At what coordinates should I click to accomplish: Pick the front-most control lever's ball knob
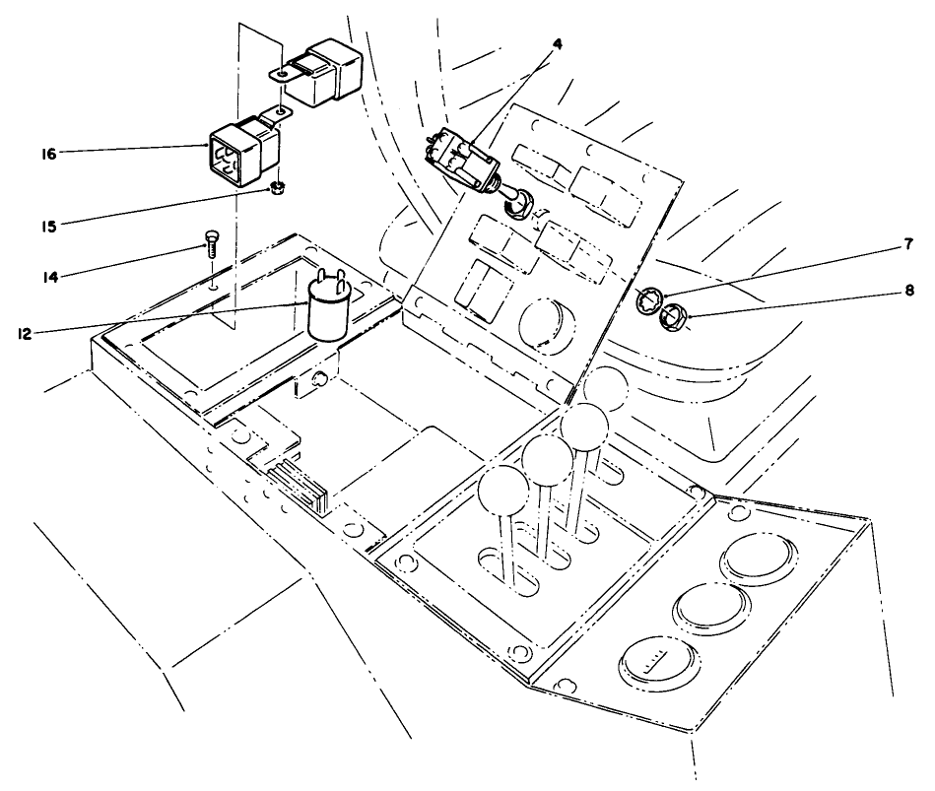504,489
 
